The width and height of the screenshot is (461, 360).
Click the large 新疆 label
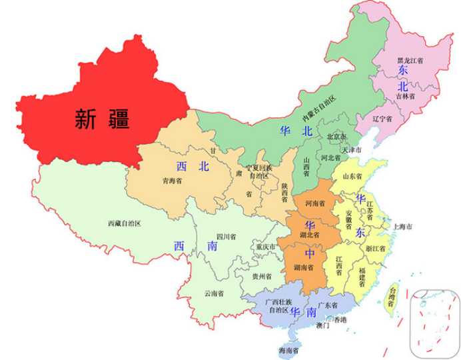[101, 119]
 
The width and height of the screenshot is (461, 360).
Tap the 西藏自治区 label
[124, 223]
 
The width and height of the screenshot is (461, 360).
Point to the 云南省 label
[214, 293]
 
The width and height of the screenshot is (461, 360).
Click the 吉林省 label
[405, 96]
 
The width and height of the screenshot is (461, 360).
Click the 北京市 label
[336, 137]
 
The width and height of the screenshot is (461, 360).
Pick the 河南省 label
[314, 202]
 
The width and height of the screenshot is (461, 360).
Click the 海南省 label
[288, 350]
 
